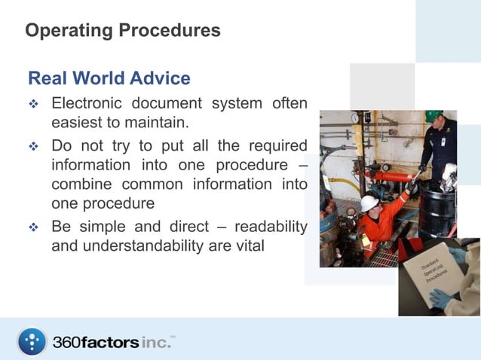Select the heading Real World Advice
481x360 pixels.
(x=109, y=78)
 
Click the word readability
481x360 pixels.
(x=271, y=227)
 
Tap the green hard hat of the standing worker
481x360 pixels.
(x=434, y=116)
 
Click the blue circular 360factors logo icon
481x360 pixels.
(x=32, y=341)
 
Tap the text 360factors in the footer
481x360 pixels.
(x=96, y=342)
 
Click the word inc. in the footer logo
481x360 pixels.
(x=155, y=342)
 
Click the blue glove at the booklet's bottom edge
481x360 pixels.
(x=440, y=297)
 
